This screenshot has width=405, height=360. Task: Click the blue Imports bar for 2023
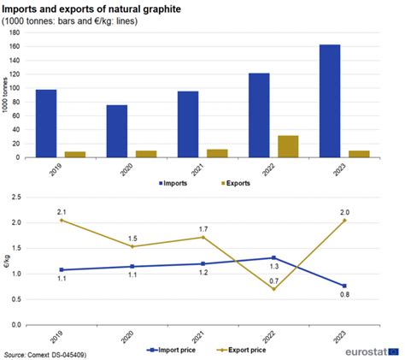point(330,101)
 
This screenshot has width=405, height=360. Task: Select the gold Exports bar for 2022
point(288,146)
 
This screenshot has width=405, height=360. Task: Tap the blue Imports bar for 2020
point(117,132)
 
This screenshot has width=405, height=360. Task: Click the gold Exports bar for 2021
point(217,153)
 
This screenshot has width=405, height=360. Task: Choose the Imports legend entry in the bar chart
point(174,183)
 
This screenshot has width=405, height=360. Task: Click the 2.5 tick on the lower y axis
point(15,197)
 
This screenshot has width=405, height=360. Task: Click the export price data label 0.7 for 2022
point(273,281)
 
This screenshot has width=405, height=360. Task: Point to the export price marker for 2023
point(344,220)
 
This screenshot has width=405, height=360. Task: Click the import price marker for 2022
point(273,257)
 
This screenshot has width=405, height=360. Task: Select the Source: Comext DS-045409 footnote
point(47,352)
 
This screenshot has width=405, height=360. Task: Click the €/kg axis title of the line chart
point(7,261)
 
